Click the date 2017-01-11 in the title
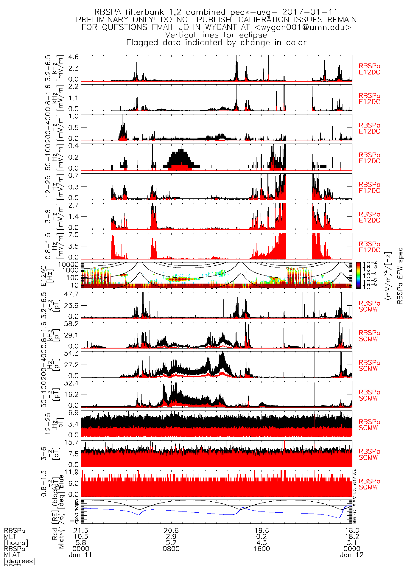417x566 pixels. point(310,12)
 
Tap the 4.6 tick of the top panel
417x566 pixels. point(74,57)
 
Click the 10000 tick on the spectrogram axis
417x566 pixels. point(69,265)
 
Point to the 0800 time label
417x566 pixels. point(171,549)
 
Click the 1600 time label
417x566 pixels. point(262,549)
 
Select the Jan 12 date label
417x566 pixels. point(352,555)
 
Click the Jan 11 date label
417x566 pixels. point(80,555)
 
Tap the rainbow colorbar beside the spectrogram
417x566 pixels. point(358,276)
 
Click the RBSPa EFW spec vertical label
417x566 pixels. point(400,276)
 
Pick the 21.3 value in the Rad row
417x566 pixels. point(81,531)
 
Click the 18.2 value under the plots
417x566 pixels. point(352,537)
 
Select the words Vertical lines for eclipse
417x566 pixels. point(216,35)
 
